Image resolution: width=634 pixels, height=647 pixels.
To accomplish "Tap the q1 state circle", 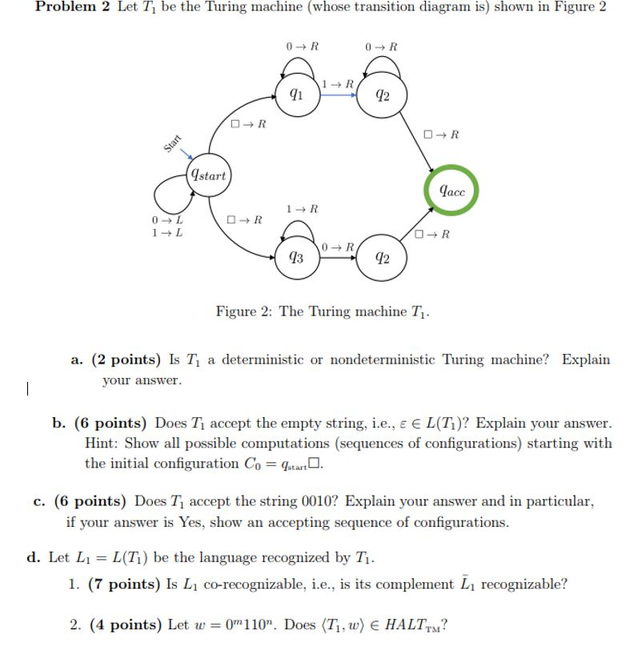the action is point(296,94).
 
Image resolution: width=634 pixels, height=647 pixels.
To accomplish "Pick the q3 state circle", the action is point(296,257).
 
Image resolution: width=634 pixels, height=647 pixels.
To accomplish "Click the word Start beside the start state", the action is point(172,144).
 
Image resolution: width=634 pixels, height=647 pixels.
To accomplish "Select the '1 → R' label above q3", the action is point(302,209).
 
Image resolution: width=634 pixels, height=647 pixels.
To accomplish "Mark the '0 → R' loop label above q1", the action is point(302,46).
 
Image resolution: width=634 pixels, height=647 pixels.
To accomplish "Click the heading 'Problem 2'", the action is point(70,7).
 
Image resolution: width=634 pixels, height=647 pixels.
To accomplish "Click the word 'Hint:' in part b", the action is point(102,443).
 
